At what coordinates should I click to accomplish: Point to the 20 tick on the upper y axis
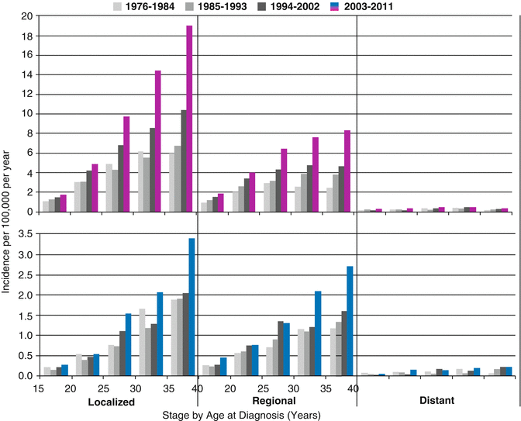click(26, 16)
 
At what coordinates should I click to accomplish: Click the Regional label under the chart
click(274, 402)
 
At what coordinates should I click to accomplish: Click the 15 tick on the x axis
click(37, 388)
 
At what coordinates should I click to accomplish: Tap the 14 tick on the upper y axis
click(26, 74)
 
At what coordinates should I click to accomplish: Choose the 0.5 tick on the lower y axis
click(23, 356)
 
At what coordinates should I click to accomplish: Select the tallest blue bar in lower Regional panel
click(350, 321)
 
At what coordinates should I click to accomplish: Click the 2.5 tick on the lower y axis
click(23, 274)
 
